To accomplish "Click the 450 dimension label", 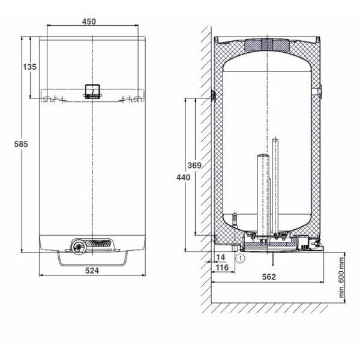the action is (89, 22).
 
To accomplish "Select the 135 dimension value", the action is (29, 67).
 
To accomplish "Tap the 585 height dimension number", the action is (21, 144).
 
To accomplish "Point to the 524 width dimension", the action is (92, 271).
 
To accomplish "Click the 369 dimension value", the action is (194, 166).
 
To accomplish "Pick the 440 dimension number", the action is (183, 177).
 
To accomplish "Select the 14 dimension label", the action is (220, 257).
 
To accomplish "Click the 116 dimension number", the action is (222, 267).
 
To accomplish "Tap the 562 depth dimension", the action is (269, 277).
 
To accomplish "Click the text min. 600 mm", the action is (341, 278).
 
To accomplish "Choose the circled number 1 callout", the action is (241, 259).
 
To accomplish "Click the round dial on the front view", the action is (79, 247).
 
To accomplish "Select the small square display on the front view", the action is (92, 91).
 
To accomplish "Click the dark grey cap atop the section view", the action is (267, 45).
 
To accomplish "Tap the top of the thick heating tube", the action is (263, 155).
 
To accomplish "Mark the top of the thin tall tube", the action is (275, 139).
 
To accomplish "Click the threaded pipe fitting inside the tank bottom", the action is (235, 219).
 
